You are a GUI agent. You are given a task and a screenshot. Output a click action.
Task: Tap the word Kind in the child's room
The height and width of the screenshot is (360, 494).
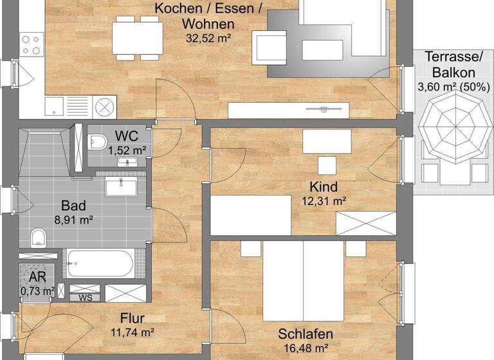point(324,186)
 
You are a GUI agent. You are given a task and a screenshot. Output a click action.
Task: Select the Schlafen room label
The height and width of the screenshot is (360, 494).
point(306,334)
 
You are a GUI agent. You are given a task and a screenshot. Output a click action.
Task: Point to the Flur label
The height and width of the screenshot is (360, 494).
point(132,318)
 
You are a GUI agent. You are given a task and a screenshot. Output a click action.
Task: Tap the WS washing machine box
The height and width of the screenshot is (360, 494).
point(84,298)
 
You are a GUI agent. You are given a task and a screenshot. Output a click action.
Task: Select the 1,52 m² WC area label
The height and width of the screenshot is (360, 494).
point(127,150)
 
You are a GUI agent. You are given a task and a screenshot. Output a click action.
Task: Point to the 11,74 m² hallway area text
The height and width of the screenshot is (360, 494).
point(132,332)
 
